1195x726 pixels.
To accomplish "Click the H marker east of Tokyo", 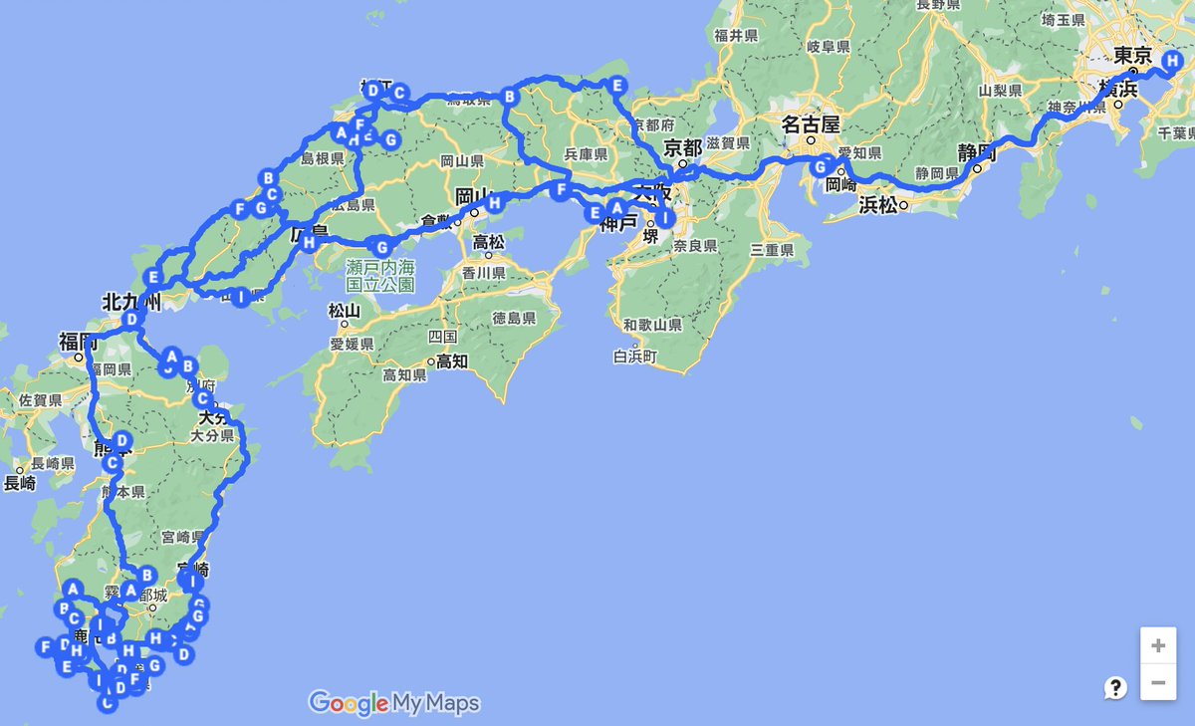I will tap(1172, 62).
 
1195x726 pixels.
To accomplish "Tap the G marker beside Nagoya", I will tap(822, 165).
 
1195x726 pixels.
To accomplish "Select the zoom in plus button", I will tap(1157, 645).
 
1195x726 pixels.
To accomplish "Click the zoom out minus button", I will tap(1157, 682).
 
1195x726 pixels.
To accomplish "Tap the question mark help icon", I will tap(1115, 687).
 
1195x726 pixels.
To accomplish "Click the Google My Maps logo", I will tap(394, 703).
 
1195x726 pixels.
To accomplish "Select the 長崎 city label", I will tap(20, 484).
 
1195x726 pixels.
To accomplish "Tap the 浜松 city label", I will tap(878, 206).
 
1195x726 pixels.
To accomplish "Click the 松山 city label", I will tap(344, 310).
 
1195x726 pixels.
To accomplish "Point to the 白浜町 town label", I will tap(637, 356).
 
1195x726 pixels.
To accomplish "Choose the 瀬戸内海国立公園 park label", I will tap(381, 276).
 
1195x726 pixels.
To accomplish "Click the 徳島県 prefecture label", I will tap(514, 318).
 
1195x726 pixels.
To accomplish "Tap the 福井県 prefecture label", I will tap(737, 35).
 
